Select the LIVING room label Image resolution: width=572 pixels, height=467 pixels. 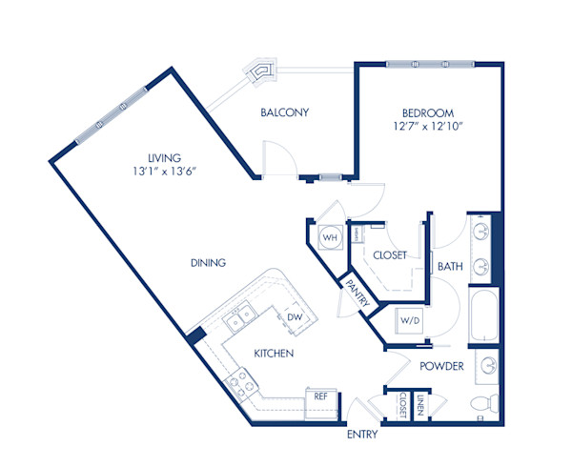164,157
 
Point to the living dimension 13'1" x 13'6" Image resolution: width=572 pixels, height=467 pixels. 164,172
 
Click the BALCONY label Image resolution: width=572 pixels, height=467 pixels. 284,112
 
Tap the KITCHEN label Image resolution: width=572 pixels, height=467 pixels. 273,354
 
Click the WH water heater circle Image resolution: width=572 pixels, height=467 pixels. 330,237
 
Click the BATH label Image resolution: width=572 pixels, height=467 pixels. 450,267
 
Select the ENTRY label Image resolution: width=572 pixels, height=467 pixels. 361,435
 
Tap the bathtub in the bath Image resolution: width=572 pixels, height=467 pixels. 483,319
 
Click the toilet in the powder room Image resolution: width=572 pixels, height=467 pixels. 486,402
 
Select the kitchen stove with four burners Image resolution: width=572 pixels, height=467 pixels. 237,383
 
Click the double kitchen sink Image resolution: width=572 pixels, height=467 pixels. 237,315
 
